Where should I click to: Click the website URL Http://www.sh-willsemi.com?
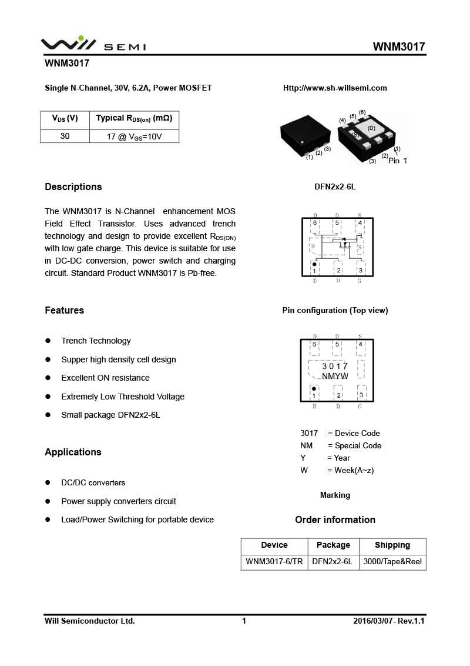(x=335, y=88)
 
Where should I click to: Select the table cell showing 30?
(x=65, y=136)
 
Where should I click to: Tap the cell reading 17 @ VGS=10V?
(x=134, y=136)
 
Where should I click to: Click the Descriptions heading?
(x=73, y=187)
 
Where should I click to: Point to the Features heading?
(x=65, y=311)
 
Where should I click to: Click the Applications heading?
(x=73, y=452)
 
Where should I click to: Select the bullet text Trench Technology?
(x=96, y=341)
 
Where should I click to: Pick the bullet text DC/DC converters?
(x=93, y=483)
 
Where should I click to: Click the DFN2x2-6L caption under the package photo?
(x=335, y=187)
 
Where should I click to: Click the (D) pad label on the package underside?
(x=371, y=128)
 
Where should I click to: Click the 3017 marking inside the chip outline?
(x=335, y=367)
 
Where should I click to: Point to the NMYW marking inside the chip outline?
(x=335, y=377)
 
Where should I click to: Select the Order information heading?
(x=335, y=520)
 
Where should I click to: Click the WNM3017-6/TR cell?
(x=274, y=562)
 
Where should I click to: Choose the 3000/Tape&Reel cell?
(x=392, y=562)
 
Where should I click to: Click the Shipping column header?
(x=392, y=545)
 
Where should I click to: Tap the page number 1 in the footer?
(x=244, y=621)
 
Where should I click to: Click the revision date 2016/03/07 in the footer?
(x=372, y=621)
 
